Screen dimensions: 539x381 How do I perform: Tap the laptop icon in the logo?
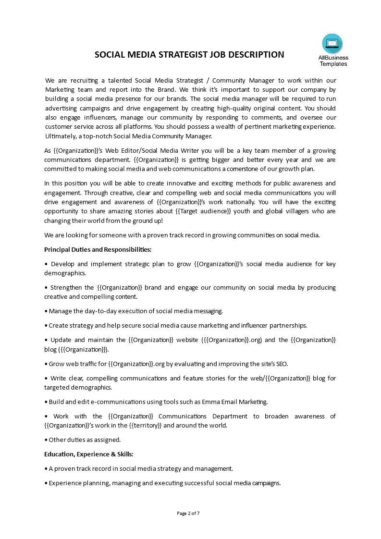pyautogui.click(x=332, y=44)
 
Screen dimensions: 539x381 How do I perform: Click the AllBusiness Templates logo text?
pyautogui.click(x=333, y=61)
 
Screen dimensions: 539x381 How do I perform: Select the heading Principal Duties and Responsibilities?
pyautogui.click(x=98, y=249)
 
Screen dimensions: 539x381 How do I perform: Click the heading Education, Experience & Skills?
pyautogui.click(x=89, y=453)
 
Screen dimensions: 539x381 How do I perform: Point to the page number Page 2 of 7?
pyautogui.click(x=188, y=513)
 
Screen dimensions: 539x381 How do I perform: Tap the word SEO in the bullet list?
pyautogui.click(x=281, y=364)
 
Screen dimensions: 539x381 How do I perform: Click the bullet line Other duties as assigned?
pyautogui.click(x=85, y=440)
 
